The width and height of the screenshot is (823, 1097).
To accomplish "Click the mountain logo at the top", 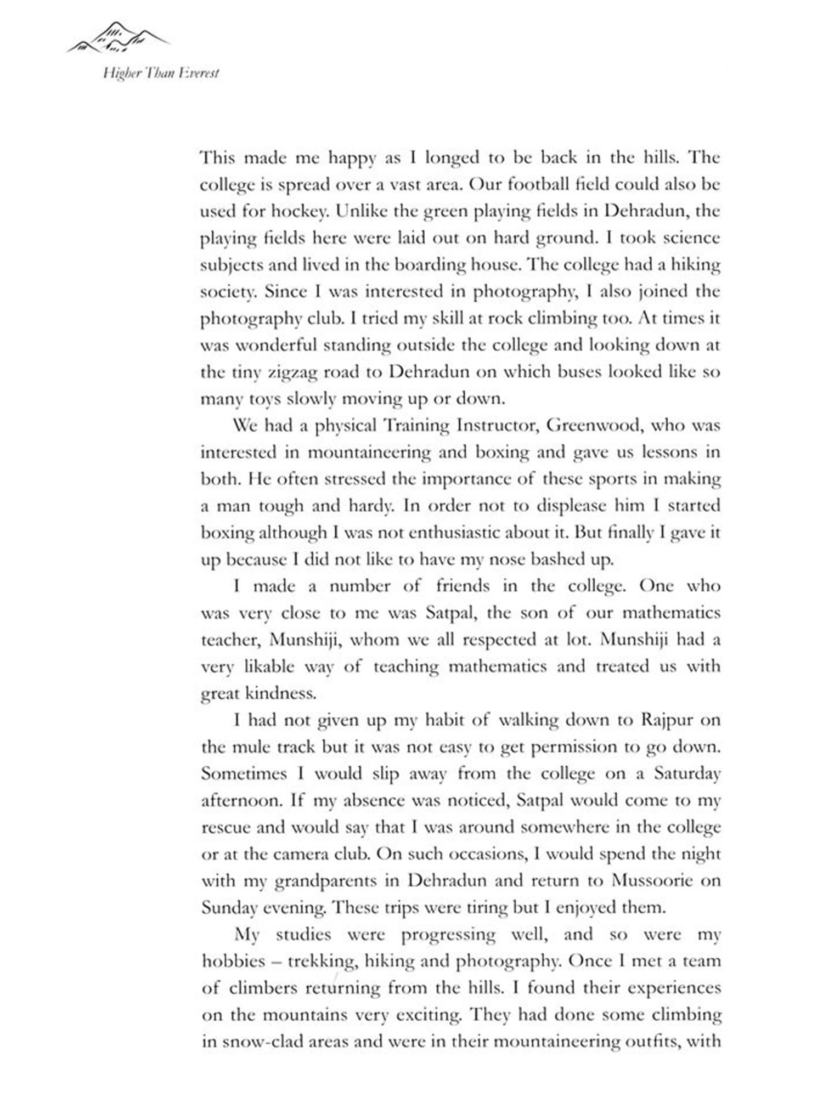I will coord(118,37).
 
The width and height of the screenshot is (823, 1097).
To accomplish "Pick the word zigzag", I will coord(295,372).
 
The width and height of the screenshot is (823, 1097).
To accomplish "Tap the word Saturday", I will coord(686,774).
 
